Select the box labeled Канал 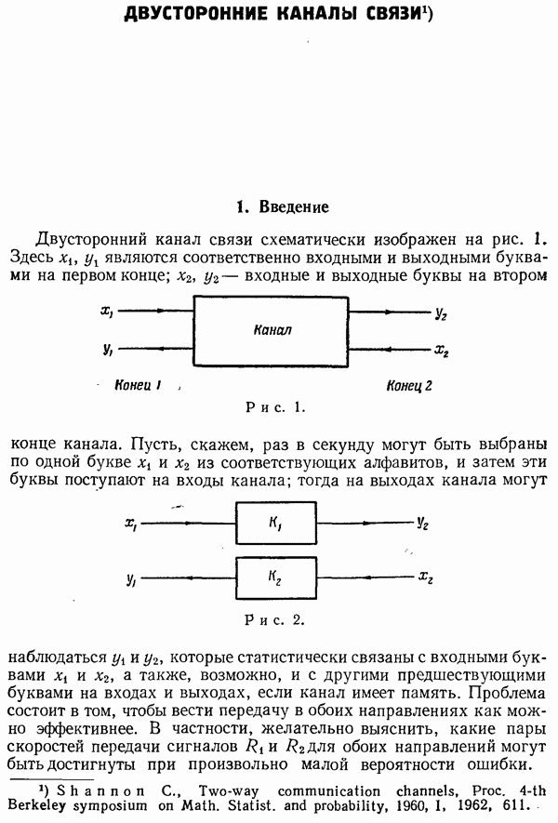[272, 331]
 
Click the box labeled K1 [276, 524]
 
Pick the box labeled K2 [276, 577]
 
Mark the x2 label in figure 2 [425, 577]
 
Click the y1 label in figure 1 [108, 350]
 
